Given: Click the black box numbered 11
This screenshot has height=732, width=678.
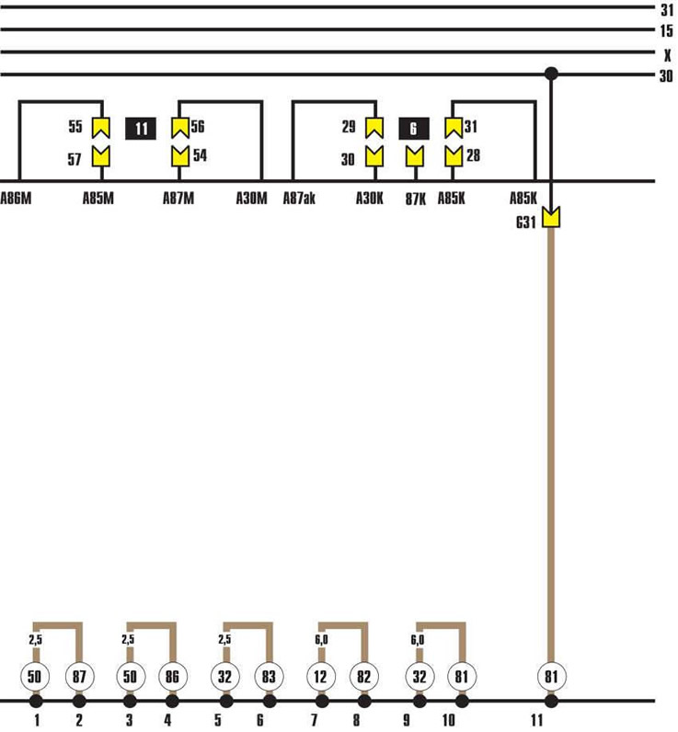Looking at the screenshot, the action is coord(141,129).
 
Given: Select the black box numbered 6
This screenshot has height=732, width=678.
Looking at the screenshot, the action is coord(414,129).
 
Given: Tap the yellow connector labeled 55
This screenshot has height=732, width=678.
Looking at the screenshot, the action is coord(101,128).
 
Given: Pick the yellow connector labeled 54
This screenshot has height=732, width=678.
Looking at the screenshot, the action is coord(180,156).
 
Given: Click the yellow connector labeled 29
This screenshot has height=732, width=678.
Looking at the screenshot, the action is coord(374,128).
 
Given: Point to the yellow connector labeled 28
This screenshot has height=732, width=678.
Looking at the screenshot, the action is coord(454,156).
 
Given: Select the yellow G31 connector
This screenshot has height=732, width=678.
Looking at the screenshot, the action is coord(551,217).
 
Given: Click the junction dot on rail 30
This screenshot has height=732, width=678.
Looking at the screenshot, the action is coord(551,74).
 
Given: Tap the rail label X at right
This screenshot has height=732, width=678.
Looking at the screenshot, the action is coord(667,55).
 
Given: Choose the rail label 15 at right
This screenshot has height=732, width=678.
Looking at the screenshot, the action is coord(666,31).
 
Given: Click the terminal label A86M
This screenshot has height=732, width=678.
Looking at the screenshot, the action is coord(16,199).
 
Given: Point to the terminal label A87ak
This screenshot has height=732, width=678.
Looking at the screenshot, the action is coord(299,199).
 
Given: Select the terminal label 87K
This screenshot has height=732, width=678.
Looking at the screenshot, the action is coord(416,200).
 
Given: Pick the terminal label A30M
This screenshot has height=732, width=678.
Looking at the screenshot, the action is coord(252,199).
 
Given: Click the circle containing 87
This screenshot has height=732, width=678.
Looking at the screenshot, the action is coord(79,677).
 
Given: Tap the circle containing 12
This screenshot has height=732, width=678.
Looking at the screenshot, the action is coord(321,677).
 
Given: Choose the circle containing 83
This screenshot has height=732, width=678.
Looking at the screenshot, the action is coord(269,677).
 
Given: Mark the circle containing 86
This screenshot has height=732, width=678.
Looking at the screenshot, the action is coord(172,677).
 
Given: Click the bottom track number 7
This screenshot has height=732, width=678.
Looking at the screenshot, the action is coord(315,720).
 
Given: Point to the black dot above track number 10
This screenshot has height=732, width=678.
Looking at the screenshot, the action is coord(462,701).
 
